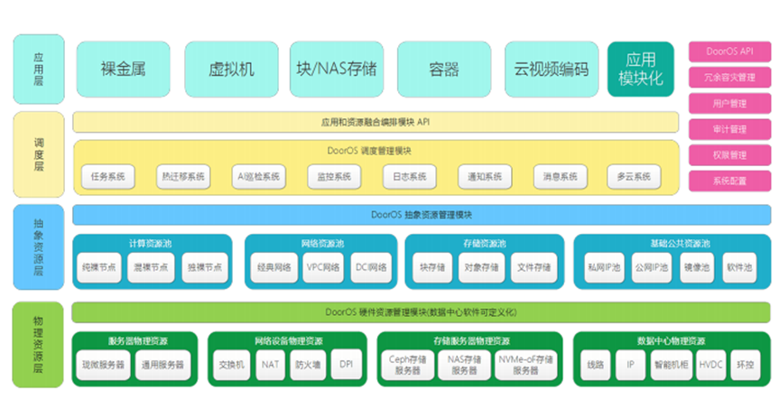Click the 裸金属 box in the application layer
123,69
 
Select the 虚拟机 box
231,69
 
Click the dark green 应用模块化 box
640,69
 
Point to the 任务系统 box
107,176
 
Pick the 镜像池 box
698,267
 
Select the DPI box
345,365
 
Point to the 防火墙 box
307,365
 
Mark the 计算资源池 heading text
149,243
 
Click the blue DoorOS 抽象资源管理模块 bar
421,215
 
